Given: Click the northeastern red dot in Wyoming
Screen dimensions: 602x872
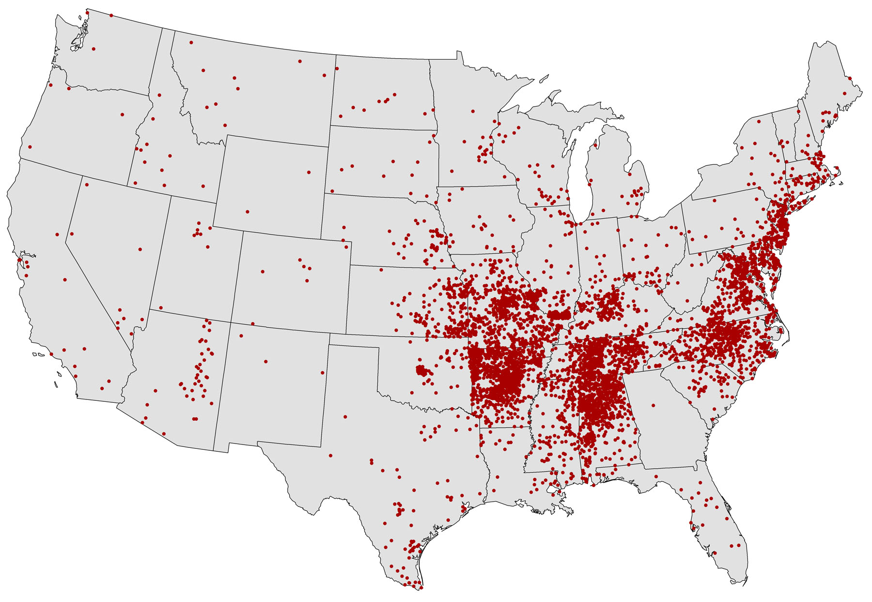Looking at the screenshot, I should tap(309, 172).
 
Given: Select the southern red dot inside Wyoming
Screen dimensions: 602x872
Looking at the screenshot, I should tap(247, 212).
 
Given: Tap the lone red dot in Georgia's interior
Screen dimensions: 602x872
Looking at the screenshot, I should tap(653, 405).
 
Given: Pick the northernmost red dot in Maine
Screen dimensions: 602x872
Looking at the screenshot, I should tap(850, 78).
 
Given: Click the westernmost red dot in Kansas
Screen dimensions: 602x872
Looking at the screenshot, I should tap(381, 269).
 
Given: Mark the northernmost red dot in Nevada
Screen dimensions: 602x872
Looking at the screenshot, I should tap(87, 185).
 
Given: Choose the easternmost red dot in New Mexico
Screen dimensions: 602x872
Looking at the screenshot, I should tap(323, 372).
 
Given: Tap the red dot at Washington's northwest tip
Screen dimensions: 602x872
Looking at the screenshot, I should tap(87, 12).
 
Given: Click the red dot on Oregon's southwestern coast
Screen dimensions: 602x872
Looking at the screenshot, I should tap(30, 146).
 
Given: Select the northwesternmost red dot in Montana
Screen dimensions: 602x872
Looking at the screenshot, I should tap(191, 43).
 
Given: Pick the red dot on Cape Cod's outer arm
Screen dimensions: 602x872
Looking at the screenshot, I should tap(837, 168).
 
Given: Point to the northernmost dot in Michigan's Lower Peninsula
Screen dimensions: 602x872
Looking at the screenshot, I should tap(595, 144).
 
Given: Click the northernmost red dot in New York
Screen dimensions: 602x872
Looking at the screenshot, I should tap(759, 121).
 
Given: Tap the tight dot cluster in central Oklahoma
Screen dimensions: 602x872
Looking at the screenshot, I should tap(423, 371).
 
